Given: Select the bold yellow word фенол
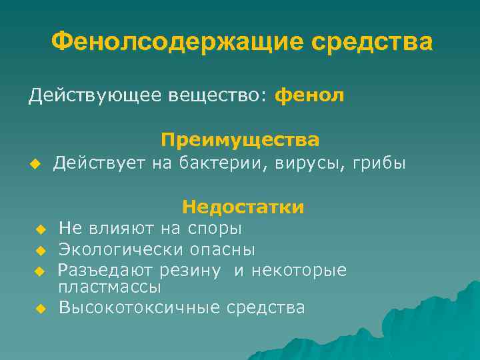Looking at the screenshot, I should (x=309, y=96).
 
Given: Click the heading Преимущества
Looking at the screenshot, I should (x=240, y=140).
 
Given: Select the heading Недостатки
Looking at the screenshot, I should (x=243, y=207).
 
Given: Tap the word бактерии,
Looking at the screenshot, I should (x=223, y=163).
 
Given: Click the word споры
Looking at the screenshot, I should (x=214, y=229).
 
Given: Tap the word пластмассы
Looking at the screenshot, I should (x=109, y=287).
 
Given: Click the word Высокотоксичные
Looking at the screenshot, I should (x=140, y=308).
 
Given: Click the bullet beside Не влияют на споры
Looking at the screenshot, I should (x=40, y=230).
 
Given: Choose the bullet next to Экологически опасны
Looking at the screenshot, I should (x=40, y=251).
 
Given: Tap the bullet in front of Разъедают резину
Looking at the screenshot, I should (x=40, y=271).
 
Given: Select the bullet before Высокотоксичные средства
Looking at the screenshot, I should (x=40, y=309).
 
